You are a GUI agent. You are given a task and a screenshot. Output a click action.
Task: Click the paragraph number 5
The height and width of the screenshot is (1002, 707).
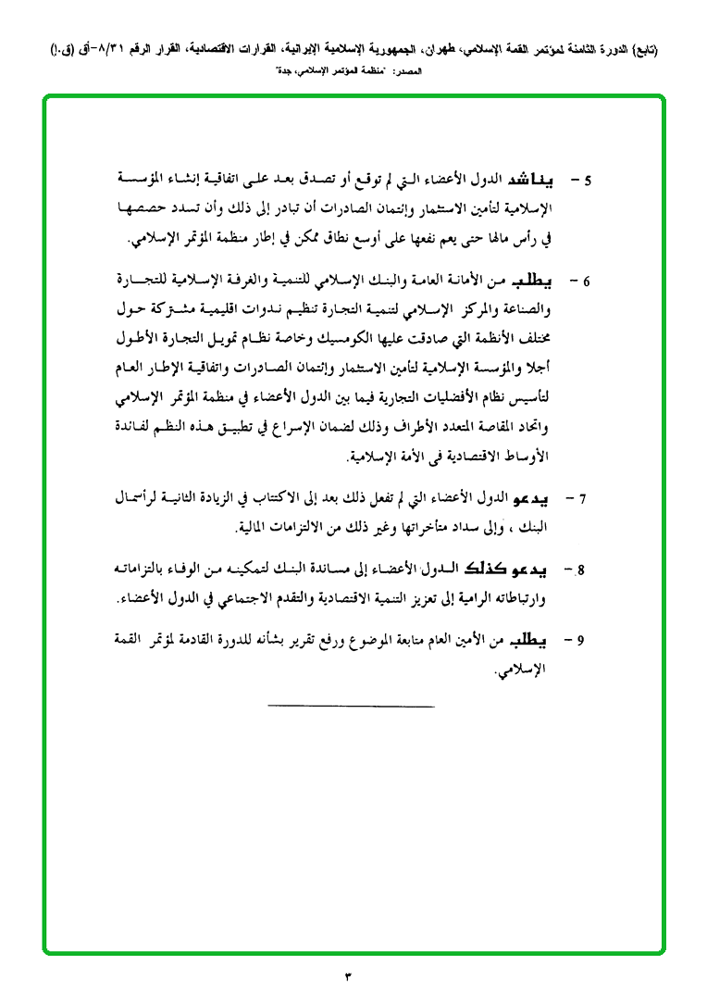point(588,178)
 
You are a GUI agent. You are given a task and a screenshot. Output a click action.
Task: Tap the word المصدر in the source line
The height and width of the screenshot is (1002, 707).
point(407,70)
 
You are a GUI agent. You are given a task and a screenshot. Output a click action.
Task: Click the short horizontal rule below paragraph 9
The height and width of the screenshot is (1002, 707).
point(351,708)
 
